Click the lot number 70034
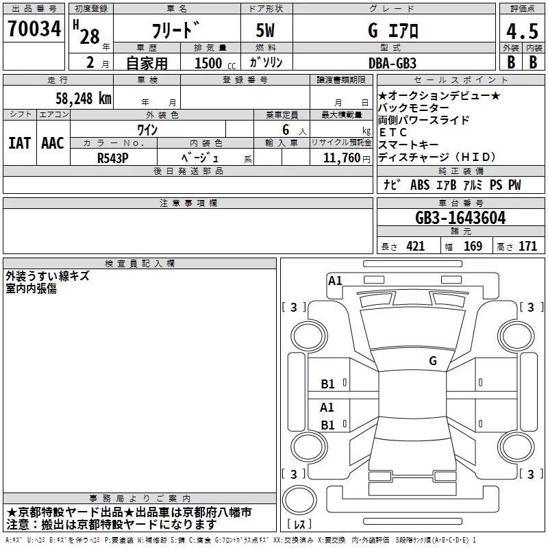(x=34, y=28)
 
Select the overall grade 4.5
(x=522, y=31)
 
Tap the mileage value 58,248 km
(x=84, y=98)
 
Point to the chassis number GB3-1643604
(x=460, y=218)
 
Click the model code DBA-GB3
(x=393, y=63)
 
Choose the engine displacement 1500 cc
(x=215, y=63)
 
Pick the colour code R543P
(x=113, y=158)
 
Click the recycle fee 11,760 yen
(x=347, y=158)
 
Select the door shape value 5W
(x=265, y=30)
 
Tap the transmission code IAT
(x=19, y=143)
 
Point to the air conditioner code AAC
(x=53, y=143)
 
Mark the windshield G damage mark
(x=433, y=360)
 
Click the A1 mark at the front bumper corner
(x=335, y=281)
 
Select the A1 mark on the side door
(x=327, y=407)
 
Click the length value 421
(x=416, y=246)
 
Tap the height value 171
(x=527, y=246)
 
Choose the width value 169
(x=473, y=246)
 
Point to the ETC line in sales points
(x=393, y=132)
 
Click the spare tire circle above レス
(x=299, y=499)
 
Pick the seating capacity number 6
(x=286, y=129)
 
